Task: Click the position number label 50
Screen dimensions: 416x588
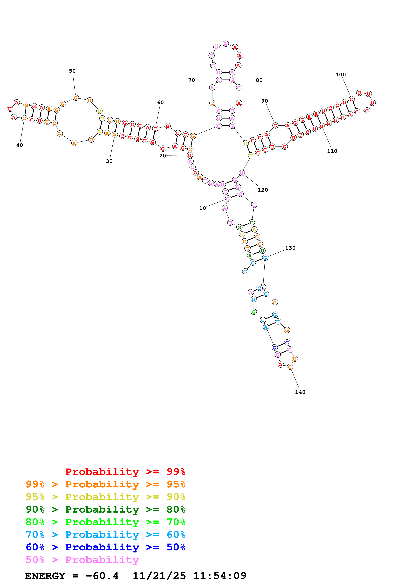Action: pos(72,71)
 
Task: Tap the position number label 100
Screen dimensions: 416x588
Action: pos(341,75)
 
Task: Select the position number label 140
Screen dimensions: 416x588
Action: pos(300,392)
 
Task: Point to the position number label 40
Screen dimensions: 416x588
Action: pos(19,145)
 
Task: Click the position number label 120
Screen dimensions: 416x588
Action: pos(263,190)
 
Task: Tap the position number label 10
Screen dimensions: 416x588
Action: pos(203,208)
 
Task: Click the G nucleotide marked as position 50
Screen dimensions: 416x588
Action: pos(76,98)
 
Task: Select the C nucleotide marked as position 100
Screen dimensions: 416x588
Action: pos(352,99)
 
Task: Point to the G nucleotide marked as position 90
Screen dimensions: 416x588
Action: pos(275,126)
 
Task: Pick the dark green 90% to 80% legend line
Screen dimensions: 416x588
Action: pos(106,509)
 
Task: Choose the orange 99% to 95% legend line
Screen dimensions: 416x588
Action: pos(106,484)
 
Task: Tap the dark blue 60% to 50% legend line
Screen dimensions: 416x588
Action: pos(106,547)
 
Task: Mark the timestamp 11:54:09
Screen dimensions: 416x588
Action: pos(220,576)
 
